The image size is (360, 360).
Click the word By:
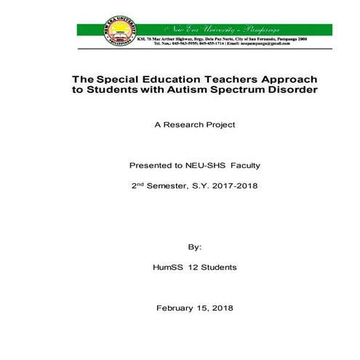point(193,247)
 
